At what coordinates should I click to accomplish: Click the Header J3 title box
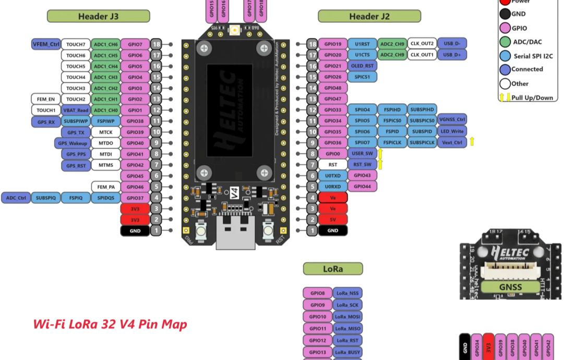[98, 16]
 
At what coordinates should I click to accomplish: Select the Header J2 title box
[369, 16]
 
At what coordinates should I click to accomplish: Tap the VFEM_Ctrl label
[46, 44]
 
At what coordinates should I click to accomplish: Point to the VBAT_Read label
[76, 110]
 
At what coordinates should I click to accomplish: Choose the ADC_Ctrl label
[16, 198]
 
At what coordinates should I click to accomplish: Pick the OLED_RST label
[362, 66]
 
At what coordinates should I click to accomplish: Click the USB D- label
[452, 44]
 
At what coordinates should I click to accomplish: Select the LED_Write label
[452, 132]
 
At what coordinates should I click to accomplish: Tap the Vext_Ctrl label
[452, 143]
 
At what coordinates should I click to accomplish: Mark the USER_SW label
[362, 154]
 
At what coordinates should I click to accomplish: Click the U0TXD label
[332, 176]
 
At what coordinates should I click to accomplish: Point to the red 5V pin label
[333, 220]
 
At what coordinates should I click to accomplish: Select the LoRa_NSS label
[348, 293]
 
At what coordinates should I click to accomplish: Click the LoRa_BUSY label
[348, 352]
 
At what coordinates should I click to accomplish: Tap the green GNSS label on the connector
[509, 287]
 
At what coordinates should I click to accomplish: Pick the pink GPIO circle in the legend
[505, 28]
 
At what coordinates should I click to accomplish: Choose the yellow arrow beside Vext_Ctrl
[472, 141]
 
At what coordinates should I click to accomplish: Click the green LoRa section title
[332, 269]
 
